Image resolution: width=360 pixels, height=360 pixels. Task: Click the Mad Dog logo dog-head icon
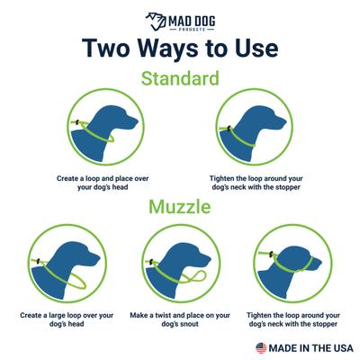[156, 22]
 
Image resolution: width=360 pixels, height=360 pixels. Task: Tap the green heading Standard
[180, 78]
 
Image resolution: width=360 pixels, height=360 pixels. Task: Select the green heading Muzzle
[180, 207]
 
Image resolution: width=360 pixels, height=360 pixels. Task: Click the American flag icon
[261, 348]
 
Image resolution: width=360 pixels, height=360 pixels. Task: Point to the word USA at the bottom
[339, 348]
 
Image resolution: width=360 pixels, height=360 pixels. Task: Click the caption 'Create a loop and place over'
[103, 178]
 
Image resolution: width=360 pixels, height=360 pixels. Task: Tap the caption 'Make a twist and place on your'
[180, 315]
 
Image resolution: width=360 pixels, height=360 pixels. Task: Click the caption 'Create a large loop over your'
[67, 315]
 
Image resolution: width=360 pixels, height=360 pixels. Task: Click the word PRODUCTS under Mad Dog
[192, 30]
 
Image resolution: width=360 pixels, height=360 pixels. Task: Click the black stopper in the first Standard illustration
[77, 121]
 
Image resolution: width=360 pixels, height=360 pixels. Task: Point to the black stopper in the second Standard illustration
[229, 128]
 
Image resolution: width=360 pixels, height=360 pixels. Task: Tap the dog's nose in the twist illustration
[209, 258]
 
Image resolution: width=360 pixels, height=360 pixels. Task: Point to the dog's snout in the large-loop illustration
[94, 258]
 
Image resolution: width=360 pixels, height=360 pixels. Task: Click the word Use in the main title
[256, 49]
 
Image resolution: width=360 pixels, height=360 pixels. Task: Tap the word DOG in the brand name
[202, 21]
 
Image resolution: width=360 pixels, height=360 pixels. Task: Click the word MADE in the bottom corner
[283, 348]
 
